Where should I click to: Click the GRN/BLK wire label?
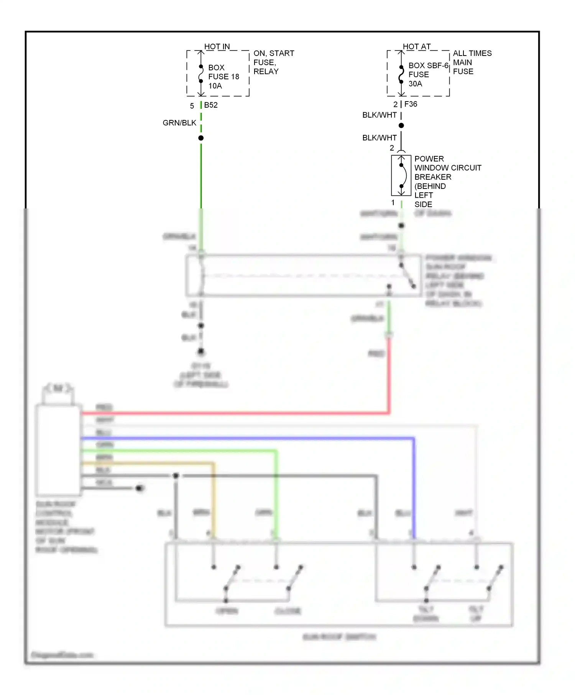[x=179, y=123]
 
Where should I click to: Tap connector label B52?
[x=211, y=105]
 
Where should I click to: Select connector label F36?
[x=411, y=104]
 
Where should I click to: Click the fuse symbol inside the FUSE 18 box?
[x=201, y=74]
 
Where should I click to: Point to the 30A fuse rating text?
[x=415, y=84]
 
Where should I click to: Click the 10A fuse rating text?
[x=215, y=86]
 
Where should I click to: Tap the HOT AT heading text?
[x=417, y=46]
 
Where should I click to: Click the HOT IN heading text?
[x=217, y=46]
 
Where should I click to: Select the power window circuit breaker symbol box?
[x=401, y=175]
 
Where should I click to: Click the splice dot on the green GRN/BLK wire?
[x=201, y=138]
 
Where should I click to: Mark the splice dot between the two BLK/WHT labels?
[x=401, y=126]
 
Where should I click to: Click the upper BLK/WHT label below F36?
[x=379, y=115]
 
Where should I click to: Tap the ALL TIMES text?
[x=472, y=53]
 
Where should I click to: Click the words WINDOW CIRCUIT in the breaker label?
[x=448, y=168]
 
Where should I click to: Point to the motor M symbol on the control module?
[x=58, y=388]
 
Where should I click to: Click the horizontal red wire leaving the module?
[x=230, y=413]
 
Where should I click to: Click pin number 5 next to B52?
[x=192, y=106]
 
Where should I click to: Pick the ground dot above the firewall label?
[x=201, y=351]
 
